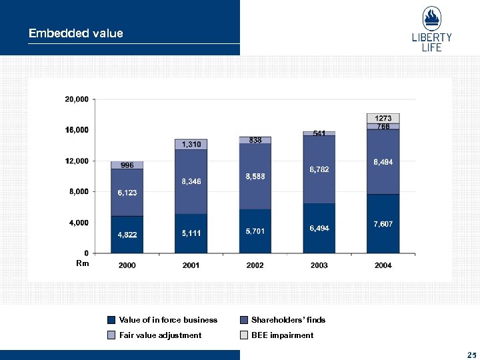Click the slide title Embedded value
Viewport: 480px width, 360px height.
pos(75,33)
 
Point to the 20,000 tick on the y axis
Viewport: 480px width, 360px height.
pos(76,99)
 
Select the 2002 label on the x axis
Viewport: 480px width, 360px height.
pos(255,265)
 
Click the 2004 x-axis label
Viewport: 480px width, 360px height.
pos(383,265)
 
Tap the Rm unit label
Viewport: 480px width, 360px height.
pos(82,264)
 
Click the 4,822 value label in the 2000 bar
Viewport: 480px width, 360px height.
pos(127,235)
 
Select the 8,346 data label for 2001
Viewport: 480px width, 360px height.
pos(191,181)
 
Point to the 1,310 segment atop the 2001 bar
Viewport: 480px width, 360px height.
pos(191,145)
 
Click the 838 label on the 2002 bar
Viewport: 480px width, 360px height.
pos(255,140)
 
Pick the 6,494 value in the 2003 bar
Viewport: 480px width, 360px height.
pos(319,228)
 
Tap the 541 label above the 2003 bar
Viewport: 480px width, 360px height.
pos(319,133)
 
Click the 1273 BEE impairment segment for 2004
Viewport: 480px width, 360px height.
pos(383,118)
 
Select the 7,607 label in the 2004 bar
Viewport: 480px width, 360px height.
pos(383,224)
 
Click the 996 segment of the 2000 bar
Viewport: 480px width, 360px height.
pos(127,165)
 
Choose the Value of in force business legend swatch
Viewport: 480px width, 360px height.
pos(112,320)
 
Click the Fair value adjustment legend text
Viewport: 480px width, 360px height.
pos(160,335)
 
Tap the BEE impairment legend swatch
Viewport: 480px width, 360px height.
pos(245,335)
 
